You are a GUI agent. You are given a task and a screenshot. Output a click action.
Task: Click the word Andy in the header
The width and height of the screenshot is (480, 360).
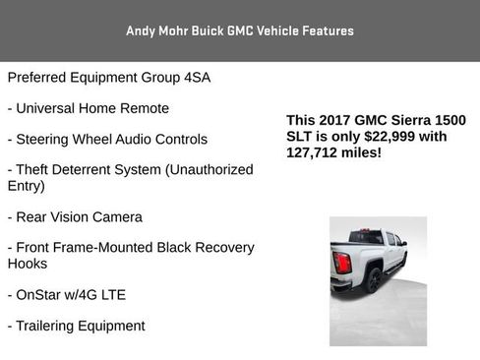tap(140, 30)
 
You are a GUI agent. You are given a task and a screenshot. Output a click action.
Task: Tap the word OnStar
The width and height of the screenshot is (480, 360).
tap(42, 294)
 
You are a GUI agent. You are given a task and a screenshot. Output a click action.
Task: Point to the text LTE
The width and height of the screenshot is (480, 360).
tap(111, 294)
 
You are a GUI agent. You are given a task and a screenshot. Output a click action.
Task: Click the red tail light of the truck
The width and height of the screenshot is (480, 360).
tap(342, 264)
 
